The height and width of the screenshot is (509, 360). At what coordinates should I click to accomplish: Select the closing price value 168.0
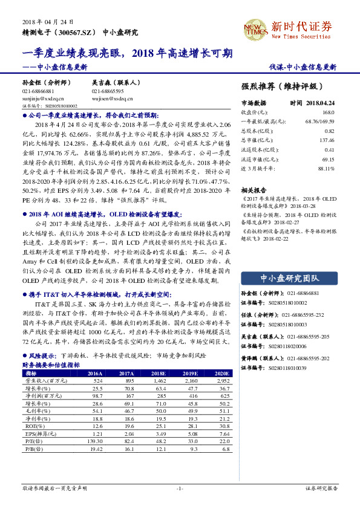tap(329, 112)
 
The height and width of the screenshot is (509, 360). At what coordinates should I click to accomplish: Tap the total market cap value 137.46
tap(327, 140)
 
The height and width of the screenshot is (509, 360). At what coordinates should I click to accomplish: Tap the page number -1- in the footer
tap(180, 487)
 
